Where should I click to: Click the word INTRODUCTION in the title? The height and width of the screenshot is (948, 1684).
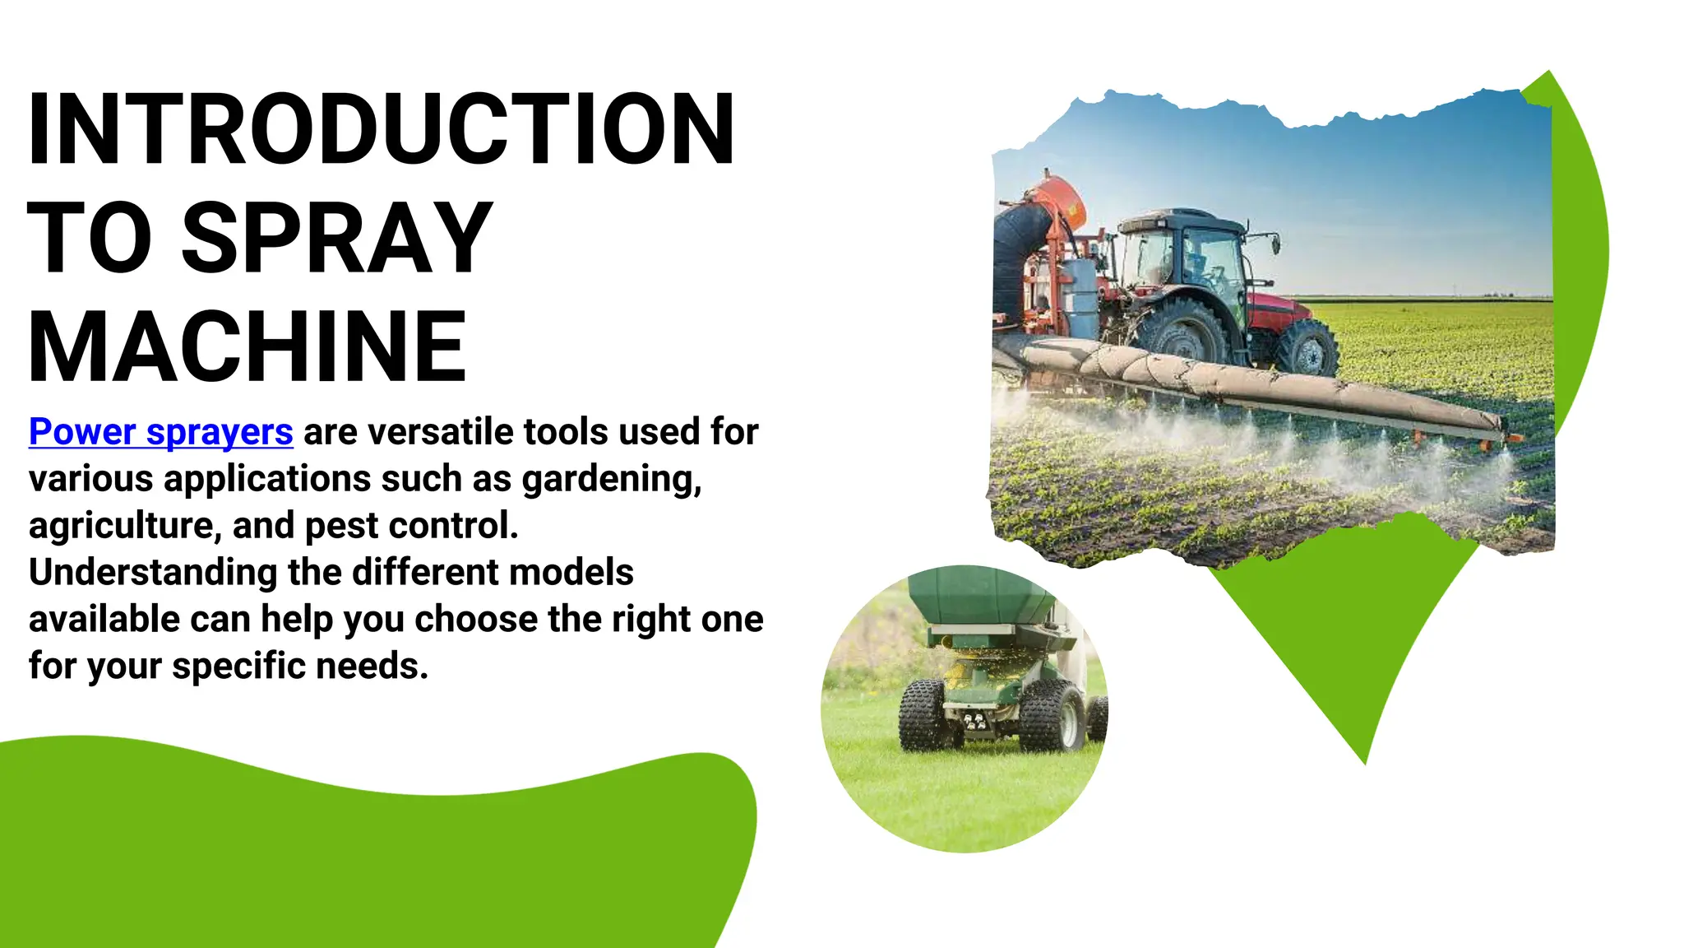click(381, 129)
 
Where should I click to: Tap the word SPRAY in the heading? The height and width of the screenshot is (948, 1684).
click(336, 239)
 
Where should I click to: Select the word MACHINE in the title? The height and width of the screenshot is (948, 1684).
click(248, 347)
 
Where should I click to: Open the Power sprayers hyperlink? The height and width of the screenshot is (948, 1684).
click(161, 432)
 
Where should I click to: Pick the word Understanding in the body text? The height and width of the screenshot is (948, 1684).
click(153, 573)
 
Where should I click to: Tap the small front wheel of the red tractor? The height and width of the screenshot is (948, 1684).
click(1308, 347)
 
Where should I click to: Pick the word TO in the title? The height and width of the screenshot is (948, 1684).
click(90, 239)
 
